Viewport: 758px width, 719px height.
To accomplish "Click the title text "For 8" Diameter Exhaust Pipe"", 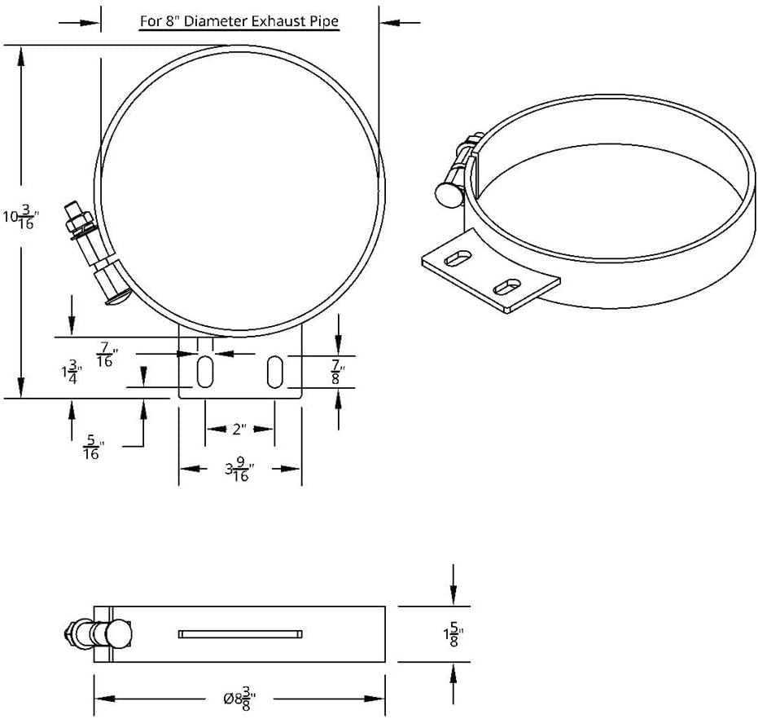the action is (x=239, y=21).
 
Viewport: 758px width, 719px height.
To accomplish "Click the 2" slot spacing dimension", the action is (x=239, y=428).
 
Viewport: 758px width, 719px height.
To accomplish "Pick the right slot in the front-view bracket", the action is (x=276, y=372).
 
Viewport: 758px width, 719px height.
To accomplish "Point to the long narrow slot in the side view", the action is (x=240, y=633).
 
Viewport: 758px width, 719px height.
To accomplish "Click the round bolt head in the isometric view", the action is (x=449, y=194).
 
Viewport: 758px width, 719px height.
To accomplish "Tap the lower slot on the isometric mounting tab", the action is (x=507, y=286).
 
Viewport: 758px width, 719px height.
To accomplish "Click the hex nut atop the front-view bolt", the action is (x=80, y=218).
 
